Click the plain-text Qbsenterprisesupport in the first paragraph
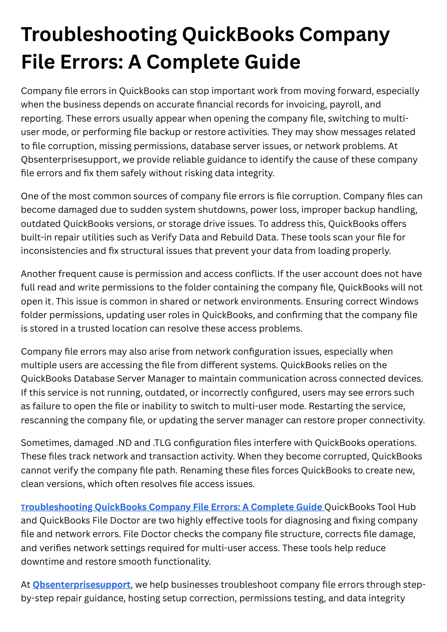(70, 159)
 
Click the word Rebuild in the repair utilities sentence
(212, 237)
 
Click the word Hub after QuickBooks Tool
(406, 507)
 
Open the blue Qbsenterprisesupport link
(82, 585)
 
